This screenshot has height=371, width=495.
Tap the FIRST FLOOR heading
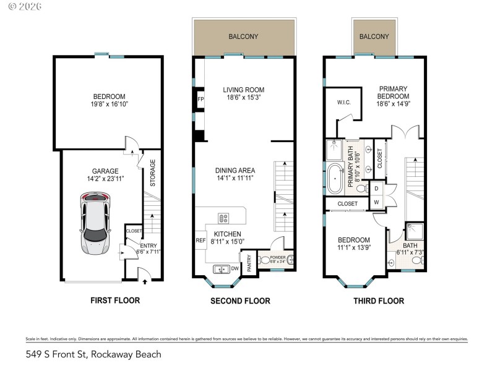[115, 301]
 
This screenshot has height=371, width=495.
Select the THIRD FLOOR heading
[379, 301]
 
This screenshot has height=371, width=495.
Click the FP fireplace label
[200, 99]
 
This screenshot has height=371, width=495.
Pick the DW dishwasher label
[235, 268]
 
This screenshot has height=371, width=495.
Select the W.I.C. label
[344, 102]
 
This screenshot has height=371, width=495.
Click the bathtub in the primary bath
[336, 178]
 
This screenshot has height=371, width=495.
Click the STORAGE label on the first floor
[153, 173]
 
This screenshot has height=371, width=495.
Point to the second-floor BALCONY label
[243, 36]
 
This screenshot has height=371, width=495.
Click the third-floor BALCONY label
[374, 36]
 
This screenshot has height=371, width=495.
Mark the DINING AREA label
[235, 170]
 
